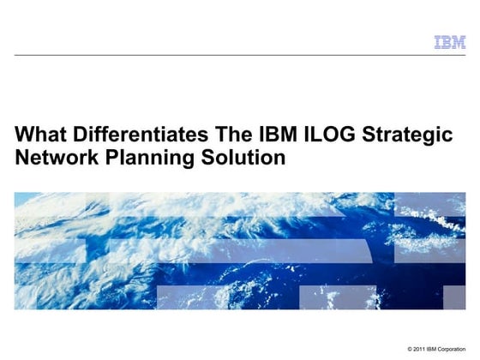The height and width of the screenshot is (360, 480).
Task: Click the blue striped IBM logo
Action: coord(449,42)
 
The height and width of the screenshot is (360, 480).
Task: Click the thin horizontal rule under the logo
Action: coord(240,55)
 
